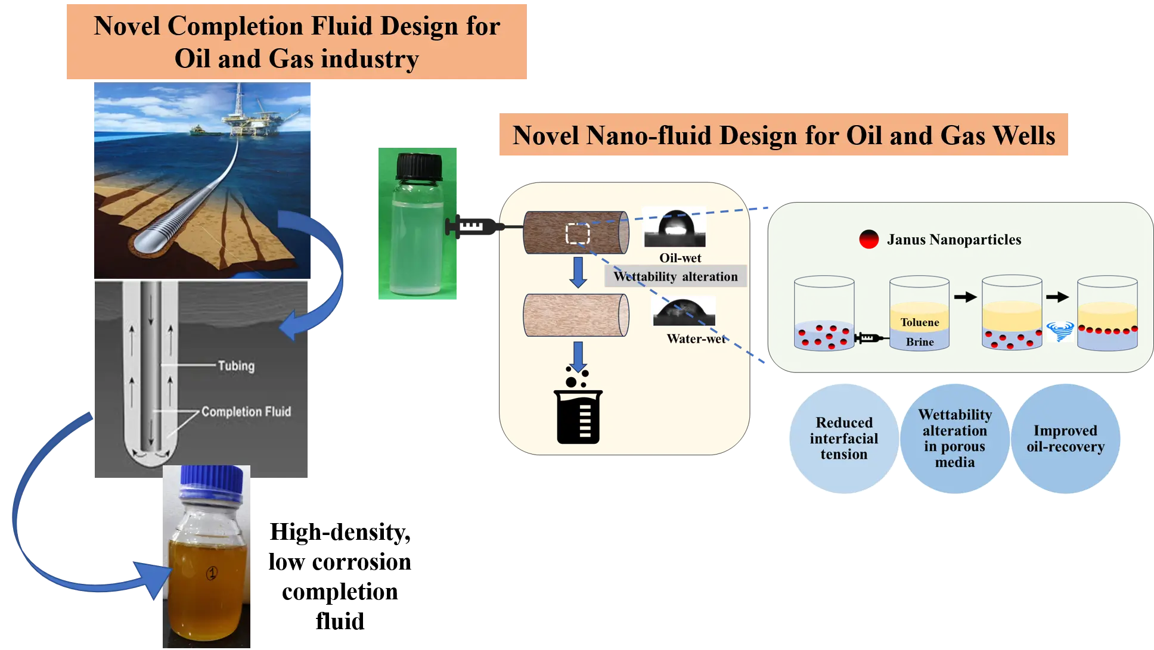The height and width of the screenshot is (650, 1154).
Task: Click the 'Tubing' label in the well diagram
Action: tap(236, 366)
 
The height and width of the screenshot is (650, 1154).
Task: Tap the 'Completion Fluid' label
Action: tap(246, 412)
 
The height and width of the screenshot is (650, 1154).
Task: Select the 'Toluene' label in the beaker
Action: tap(920, 322)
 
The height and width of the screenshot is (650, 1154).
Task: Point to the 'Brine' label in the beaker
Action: tap(920, 342)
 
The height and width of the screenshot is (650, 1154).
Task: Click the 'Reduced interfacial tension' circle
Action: tap(844, 438)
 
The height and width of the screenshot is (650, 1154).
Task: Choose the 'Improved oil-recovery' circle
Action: tap(1066, 438)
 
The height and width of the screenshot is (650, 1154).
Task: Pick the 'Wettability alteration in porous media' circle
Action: tap(955, 438)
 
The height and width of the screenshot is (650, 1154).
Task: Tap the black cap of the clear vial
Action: tap(419, 166)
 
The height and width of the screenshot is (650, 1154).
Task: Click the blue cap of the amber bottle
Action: tap(212, 481)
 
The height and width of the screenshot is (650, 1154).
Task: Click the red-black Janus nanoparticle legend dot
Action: tap(869, 240)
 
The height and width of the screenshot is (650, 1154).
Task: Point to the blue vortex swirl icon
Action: tap(1060, 331)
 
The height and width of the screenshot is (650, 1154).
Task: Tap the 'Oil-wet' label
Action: tap(680, 258)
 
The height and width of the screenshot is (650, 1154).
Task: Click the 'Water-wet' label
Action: tap(696, 339)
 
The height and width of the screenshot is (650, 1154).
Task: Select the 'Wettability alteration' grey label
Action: tap(676, 276)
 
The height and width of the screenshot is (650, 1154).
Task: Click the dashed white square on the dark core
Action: tap(578, 234)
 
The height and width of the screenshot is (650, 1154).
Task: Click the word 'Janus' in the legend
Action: tap(906, 240)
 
